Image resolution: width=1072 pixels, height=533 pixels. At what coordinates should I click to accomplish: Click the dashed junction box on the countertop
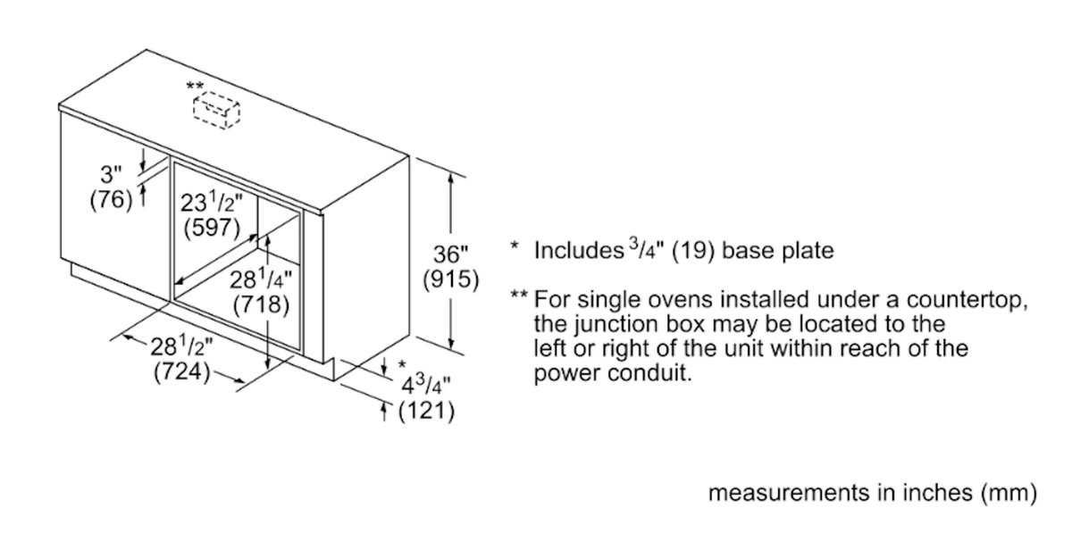pos(216,111)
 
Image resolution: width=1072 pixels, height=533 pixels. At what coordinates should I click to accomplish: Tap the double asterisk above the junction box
pos(195,87)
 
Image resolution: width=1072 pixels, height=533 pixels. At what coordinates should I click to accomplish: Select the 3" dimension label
pos(111,174)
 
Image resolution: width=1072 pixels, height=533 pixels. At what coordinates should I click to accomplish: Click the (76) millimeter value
pos(111,199)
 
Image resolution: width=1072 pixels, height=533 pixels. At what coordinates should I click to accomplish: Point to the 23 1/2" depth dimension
pos(211,202)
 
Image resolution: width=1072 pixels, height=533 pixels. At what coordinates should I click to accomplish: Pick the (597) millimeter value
pos(212,228)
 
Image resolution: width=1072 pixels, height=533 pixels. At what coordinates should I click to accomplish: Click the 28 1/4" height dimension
pos(261,279)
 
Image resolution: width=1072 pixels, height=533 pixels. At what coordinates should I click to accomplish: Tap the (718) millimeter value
pos(261,304)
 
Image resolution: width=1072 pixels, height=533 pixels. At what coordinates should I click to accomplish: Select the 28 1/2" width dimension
pos(182,346)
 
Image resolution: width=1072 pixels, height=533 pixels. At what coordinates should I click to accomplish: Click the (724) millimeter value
pos(182,371)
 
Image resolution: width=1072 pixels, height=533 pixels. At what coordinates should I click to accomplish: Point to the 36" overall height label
pos(450,254)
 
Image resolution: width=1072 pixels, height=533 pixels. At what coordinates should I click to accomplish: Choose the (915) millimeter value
pos(451,279)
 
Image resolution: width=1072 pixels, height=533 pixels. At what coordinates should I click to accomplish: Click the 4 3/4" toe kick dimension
pos(426,385)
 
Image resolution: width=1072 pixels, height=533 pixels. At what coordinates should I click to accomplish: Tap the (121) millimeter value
pos(426,411)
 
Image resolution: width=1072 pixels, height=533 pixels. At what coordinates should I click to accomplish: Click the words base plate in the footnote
pos(778,251)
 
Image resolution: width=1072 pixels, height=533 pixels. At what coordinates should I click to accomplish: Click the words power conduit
pos(613,372)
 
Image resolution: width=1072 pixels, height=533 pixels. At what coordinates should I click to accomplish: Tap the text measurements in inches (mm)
pos(873,493)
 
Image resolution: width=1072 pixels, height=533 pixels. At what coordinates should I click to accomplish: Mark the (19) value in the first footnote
pos(693,251)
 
